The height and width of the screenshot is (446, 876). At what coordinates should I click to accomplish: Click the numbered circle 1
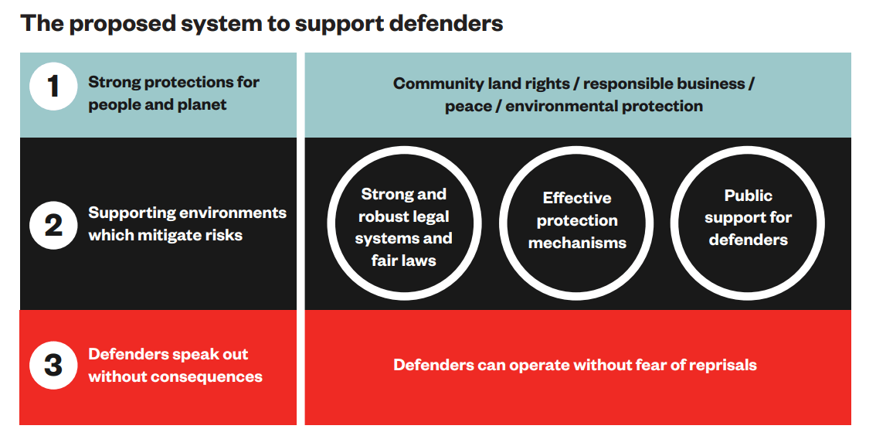[53, 87]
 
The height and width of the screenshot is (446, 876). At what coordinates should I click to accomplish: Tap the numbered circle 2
[53, 225]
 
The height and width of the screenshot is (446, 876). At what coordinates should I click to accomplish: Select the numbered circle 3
[53, 365]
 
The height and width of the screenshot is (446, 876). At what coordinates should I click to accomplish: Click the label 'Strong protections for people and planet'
[173, 93]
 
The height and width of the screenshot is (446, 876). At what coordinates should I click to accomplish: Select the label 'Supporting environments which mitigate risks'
[187, 223]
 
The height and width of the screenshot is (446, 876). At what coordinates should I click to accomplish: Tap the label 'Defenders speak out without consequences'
[175, 365]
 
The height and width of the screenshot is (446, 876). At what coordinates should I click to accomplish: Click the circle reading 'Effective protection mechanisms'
[577, 220]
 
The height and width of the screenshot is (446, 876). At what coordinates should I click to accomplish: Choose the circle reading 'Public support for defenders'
[748, 218]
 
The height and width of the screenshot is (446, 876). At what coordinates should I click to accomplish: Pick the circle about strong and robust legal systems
[404, 226]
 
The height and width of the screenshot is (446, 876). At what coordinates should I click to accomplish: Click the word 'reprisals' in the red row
[719, 364]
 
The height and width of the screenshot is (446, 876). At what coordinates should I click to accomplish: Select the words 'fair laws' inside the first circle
[404, 260]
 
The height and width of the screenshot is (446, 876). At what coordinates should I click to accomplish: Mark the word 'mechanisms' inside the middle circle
[577, 243]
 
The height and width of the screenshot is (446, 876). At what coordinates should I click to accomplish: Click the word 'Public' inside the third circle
[748, 196]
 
